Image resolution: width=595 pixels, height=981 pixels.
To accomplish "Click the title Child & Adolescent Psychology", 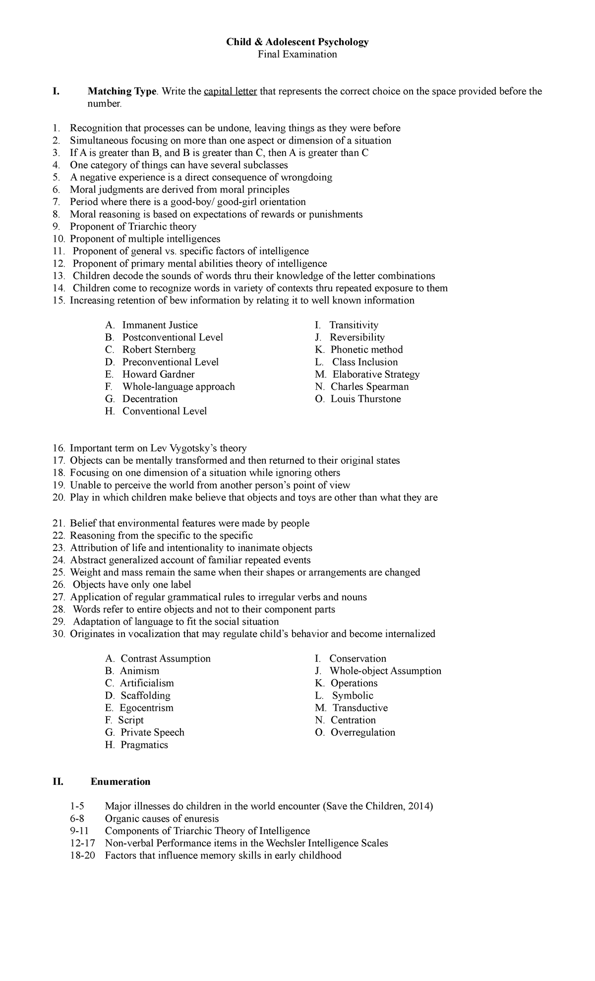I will [297, 42].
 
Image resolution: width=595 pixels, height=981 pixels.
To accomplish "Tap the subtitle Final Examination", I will [297, 55].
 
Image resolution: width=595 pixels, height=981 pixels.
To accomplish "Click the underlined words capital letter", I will [230, 91].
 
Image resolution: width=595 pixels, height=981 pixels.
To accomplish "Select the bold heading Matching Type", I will [122, 91].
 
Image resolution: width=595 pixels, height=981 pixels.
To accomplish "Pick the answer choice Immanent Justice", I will [160, 325].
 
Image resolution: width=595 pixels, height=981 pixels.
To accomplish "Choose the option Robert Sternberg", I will [159, 350].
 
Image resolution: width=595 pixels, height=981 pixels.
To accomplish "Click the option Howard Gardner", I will [158, 374].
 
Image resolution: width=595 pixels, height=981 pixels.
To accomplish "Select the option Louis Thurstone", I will [365, 399].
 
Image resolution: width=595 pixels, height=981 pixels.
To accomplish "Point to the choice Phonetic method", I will [366, 350].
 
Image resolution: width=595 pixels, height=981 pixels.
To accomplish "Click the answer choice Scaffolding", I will [145, 696].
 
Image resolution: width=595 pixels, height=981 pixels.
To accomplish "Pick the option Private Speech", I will [152, 732].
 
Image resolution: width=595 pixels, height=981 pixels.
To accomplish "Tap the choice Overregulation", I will [362, 732].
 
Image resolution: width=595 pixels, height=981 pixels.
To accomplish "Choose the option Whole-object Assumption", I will [385, 671].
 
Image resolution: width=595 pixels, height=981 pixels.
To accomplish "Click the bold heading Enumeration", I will [120, 782].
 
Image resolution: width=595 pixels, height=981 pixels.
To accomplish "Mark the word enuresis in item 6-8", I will [200, 819].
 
